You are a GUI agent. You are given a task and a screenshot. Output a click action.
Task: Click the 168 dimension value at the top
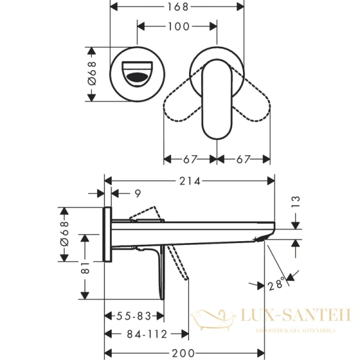178,7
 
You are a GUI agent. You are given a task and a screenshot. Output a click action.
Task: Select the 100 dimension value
178,26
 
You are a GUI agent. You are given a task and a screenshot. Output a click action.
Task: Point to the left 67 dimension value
191,159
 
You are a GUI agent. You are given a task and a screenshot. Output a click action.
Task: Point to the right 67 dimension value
244,159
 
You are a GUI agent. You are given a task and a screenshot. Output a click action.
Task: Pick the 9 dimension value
137,193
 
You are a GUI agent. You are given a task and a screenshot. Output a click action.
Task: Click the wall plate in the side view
108,234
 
